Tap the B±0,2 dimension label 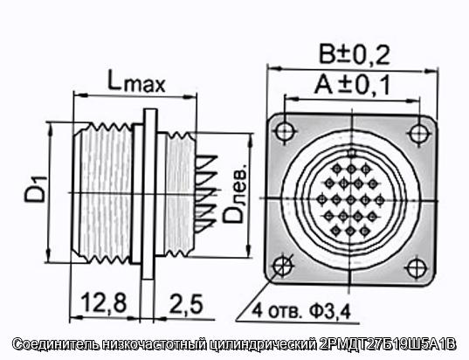[x=355, y=54]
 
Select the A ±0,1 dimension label [x=352, y=85]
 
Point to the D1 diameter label [x=36, y=189]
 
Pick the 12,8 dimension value [x=104, y=303]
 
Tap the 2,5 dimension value [x=186, y=303]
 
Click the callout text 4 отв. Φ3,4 [x=301, y=311]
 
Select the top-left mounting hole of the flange [x=286, y=131]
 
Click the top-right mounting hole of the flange [x=417, y=133]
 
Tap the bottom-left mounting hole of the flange [x=283, y=265]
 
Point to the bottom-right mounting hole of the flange [x=416, y=267]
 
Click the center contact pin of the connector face [x=351, y=199]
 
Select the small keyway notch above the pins [x=352, y=153]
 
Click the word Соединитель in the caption [x=56, y=344]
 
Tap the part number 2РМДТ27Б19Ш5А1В [x=388, y=344]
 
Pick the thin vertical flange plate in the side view [x=149, y=194]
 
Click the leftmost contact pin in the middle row [x=322, y=199]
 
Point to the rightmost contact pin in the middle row [x=380, y=200]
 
